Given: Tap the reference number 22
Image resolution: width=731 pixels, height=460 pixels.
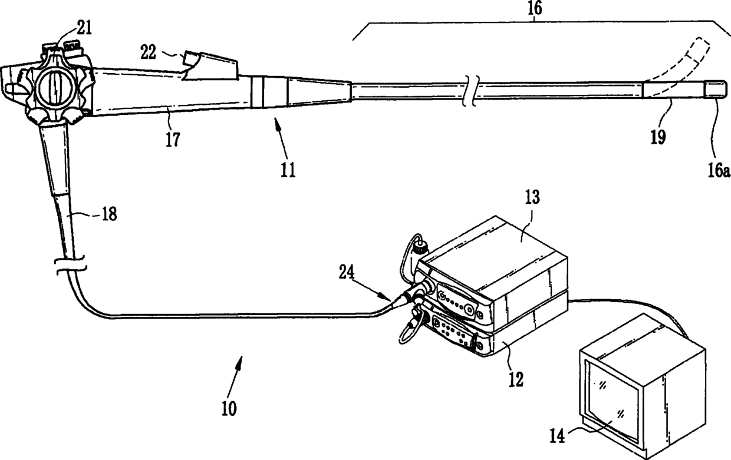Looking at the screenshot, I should (149, 52).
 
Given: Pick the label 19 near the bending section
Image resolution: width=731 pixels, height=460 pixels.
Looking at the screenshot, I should (658, 137).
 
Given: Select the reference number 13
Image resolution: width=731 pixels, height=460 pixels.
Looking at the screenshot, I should (532, 197).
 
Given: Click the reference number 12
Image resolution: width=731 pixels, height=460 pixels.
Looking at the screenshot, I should (516, 380).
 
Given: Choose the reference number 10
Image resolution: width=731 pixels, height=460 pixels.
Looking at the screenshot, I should (229, 408).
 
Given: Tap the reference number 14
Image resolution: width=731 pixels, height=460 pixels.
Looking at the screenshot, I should (557, 436).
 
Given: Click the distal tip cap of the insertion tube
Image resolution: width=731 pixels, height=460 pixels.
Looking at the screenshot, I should (715, 89).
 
